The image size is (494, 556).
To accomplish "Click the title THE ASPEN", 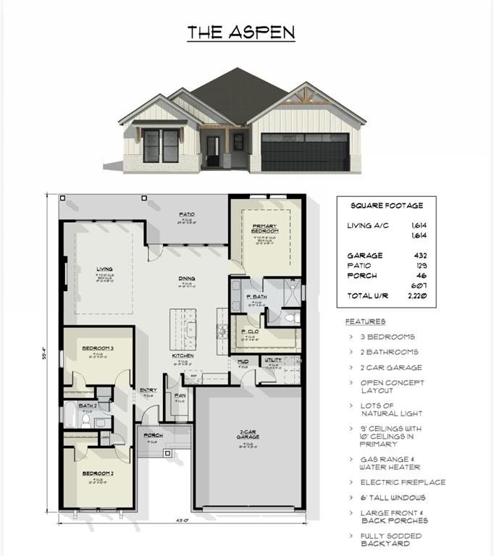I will coord(241,33).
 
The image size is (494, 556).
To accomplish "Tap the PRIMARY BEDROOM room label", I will coord(261,228).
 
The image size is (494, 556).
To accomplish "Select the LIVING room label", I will coord(104,270).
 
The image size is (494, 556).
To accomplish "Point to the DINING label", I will coord(187,277).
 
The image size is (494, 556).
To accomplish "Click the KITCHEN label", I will coord(181,356).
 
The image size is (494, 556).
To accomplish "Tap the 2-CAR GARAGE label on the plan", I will coord(248,437).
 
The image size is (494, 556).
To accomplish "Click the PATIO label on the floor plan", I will coord(187,214).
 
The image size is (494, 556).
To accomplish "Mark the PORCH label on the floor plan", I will coord(153,436).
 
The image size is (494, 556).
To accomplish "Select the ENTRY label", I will coord(148,390).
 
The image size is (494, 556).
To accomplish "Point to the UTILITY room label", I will coord(273,360).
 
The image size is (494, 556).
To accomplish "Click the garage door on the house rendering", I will coord(304,153).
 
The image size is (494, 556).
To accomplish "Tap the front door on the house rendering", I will coord(213,150).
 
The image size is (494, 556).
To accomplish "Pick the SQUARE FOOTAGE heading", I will coord(387,206).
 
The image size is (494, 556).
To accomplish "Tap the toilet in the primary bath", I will coord(290,318).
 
